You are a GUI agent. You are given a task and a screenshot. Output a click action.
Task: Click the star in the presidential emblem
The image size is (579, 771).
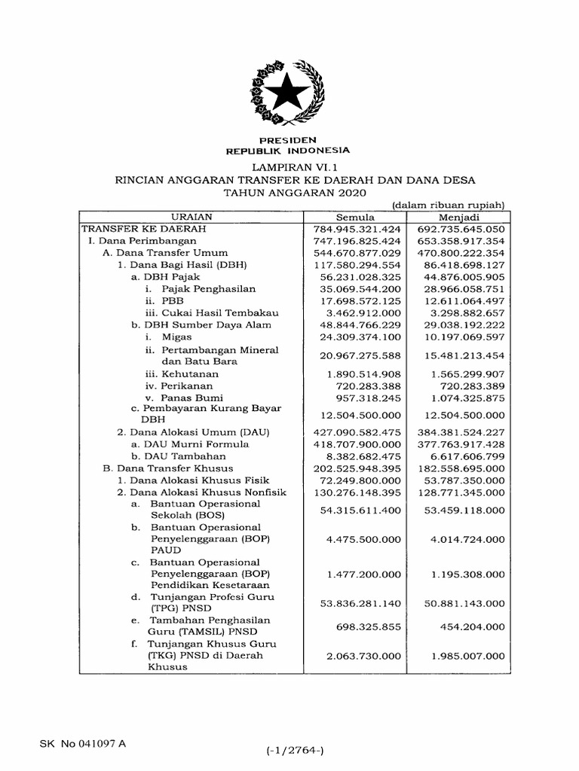click(289, 94)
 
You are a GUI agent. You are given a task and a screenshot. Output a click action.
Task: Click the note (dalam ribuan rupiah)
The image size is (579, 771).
click(448, 205)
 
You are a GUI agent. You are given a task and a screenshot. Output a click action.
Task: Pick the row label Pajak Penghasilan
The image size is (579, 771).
click(199, 289)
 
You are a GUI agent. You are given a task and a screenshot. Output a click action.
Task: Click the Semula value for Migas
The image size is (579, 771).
click(360, 337)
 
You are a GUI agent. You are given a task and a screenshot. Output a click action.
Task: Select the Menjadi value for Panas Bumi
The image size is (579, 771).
click(464, 398)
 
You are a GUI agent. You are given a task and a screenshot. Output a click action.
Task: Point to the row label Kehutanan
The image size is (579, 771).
click(188, 373)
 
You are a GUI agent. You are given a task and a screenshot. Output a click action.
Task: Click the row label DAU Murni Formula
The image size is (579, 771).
click(189, 444)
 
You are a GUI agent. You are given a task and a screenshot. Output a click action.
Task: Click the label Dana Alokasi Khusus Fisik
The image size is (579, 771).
click(198, 480)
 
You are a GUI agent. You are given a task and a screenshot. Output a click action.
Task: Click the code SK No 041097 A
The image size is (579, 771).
click(83, 744)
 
